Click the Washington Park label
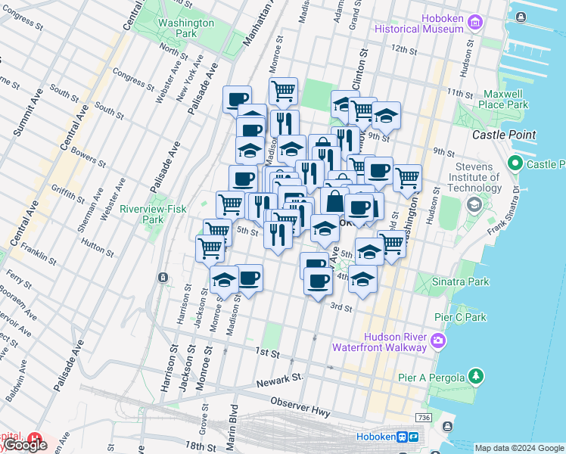point(186,28)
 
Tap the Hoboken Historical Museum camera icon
point(474,23)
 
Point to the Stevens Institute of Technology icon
point(474,204)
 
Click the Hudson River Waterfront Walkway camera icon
point(438,342)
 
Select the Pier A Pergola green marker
point(475,375)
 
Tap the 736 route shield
point(424,418)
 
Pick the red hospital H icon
point(35,438)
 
